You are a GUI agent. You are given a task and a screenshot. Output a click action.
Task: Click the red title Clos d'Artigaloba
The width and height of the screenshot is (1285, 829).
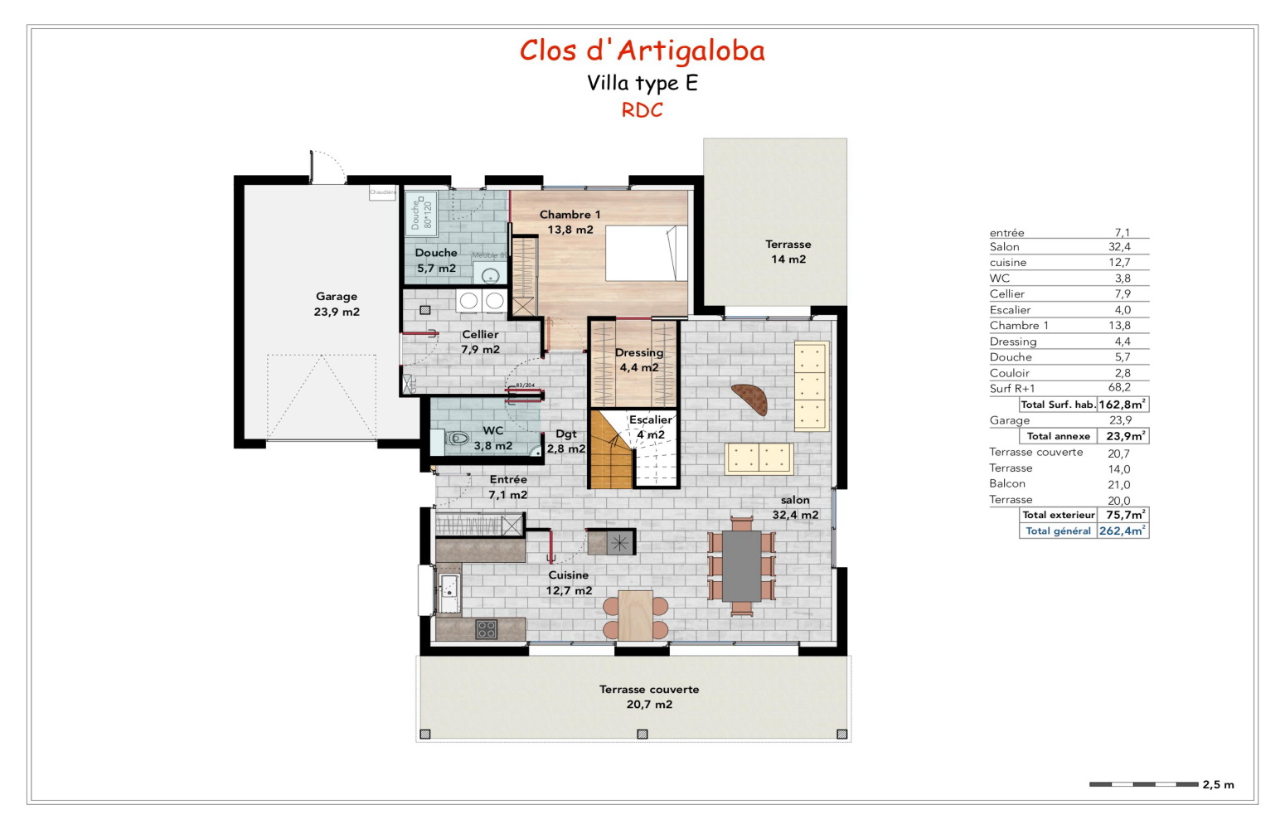[x=642, y=51]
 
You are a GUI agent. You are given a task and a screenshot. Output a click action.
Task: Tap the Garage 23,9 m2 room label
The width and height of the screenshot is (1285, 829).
[x=337, y=304]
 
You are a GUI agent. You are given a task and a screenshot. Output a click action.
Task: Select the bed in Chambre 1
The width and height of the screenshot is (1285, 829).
[x=646, y=253]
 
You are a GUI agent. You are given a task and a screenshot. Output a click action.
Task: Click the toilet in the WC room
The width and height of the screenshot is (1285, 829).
[x=457, y=438]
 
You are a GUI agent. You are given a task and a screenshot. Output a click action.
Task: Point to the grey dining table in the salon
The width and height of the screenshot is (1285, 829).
[x=741, y=566]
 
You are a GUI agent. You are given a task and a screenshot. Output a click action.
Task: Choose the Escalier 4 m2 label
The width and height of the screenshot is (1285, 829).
[x=651, y=427]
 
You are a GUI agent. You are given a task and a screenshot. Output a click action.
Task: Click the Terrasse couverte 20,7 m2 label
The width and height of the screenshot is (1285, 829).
[x=649, y=696]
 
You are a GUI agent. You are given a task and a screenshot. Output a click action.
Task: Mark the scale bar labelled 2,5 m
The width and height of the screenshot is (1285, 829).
[x=1143, y=784]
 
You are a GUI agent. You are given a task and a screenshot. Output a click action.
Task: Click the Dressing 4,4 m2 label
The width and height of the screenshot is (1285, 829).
[x=639, y=360]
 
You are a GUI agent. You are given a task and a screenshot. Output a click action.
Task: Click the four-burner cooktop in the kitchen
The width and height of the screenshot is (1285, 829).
[x=487, y=629]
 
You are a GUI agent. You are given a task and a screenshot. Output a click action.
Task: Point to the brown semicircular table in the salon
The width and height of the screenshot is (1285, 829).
[x=751, y=399]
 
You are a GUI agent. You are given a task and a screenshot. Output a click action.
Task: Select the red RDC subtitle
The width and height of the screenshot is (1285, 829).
[x=642, y=110]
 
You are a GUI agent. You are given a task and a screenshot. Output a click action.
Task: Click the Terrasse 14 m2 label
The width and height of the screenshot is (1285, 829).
[x=788, y=251]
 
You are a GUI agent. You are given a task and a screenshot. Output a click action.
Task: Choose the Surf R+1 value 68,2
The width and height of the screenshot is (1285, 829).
[x=1119, y=388]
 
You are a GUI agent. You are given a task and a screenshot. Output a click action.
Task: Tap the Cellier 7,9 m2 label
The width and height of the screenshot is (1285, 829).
[x=480, y=342]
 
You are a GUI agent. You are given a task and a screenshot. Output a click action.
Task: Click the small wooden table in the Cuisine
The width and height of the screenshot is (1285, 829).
[x=635, y=615]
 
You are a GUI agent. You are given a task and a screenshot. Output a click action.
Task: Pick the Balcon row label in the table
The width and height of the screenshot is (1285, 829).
[x=1007, y=484]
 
